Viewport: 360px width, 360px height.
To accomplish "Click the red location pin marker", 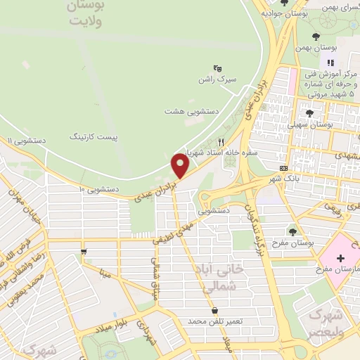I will click(x=180, y=167).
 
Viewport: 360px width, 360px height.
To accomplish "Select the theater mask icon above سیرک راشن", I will click(x=218, y=69).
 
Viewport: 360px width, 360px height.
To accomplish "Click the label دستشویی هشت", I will click(x=192, y=112).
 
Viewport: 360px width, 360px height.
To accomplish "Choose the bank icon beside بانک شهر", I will click(x=283, y=168).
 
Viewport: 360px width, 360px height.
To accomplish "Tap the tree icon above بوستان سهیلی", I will click(x=309, y=112).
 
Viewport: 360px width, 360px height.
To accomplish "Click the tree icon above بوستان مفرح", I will click(x=293, y=231).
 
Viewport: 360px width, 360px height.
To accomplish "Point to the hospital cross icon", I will click(x=341, y=257).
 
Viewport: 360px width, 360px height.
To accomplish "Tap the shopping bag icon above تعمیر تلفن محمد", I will click(x=214, y=310).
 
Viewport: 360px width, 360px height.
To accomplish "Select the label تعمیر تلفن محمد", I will click(x=214, y=321).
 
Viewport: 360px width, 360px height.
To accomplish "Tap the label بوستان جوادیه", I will click(x=284, y=13).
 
